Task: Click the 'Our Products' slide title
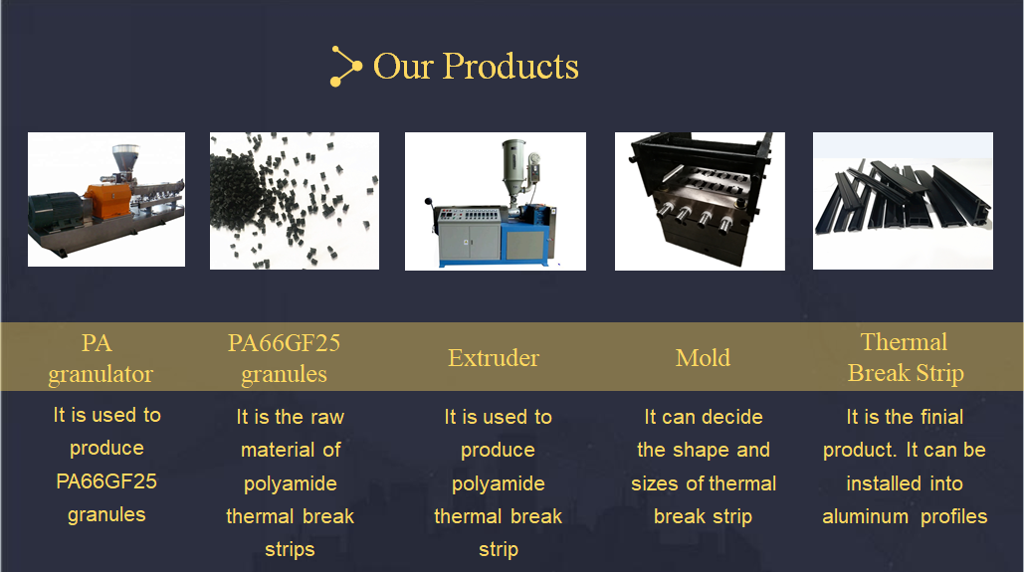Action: (476, 66)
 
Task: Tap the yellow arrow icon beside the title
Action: (345, 66)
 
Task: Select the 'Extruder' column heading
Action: (494, 358)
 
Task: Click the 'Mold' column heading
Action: (703, 358)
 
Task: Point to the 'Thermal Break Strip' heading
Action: (906, 357)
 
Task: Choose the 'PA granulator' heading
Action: (100, 358)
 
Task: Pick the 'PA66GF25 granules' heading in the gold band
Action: (284, 358)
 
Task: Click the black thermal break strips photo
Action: (903, 201)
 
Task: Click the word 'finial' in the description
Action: (941, 417)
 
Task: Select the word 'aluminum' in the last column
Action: (866, 516)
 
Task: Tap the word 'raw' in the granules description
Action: (327, 417)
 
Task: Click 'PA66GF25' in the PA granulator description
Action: (106, 481)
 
